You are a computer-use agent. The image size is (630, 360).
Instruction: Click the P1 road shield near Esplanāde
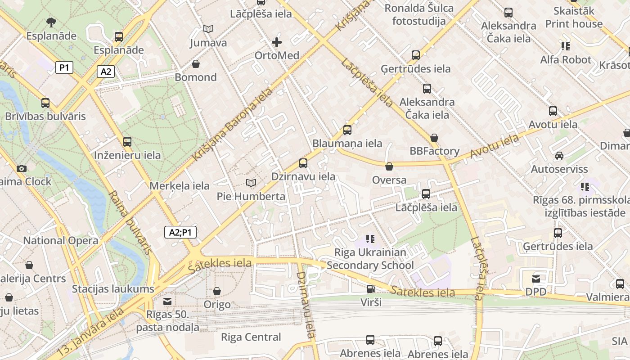coord(64,67)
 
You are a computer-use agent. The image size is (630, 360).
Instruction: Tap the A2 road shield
coord(105,71)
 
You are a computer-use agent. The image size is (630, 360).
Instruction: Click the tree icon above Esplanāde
coord(51,22)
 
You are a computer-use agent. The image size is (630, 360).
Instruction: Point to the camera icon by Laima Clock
coord(21,168)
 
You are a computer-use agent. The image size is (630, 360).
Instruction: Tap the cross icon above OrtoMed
coord(277,42)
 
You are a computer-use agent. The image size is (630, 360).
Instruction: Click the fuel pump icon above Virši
coord(371,289)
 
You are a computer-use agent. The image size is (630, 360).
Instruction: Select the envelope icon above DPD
coord(536,279)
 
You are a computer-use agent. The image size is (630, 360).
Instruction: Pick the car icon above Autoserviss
coord(559,156)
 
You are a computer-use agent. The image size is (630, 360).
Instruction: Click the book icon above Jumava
coord(208,29)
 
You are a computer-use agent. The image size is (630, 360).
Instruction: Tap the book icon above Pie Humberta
coord(251,183)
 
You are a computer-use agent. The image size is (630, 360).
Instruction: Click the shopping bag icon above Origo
coord(217,291)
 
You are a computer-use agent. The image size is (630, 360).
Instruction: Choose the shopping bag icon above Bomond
coord(196,64)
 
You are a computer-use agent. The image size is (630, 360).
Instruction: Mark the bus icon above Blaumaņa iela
coord(347,130)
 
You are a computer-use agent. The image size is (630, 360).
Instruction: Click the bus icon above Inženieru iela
coord(127,142)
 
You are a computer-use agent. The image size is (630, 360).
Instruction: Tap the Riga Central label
coord(251,337)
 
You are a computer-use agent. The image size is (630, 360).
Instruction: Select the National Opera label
coord(61,240)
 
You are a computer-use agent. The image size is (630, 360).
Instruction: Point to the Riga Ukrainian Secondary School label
coord(370,259)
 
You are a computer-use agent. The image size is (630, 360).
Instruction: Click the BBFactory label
coord(434,151)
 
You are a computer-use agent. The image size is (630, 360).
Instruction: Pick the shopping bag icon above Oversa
coord(389,166)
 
